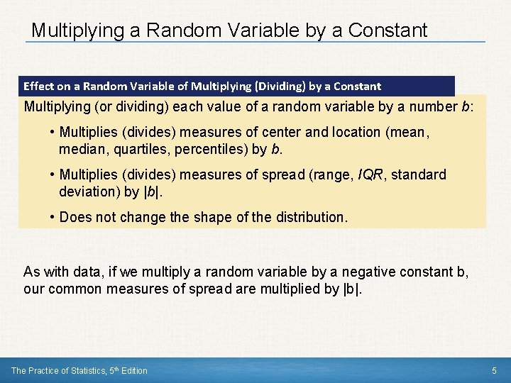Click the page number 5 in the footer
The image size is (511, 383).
click(x=495, y=370)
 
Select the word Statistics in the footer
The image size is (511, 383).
click(x=79, y=370)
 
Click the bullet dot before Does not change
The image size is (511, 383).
click(x=53, y=217)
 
